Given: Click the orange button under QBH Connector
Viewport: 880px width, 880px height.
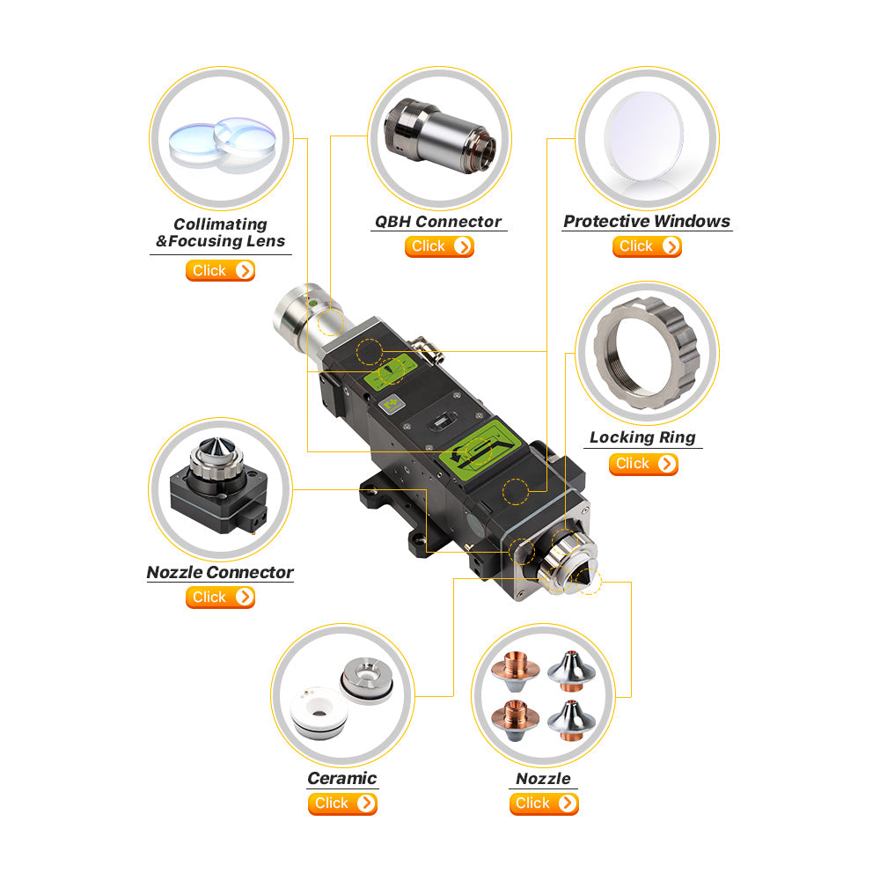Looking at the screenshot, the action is pos(439,246).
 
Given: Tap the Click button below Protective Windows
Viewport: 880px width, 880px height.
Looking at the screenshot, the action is pos(647,246).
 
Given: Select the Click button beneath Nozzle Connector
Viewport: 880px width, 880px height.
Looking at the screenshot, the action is pos(221,598).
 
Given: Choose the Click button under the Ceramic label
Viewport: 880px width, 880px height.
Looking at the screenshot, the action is pos(343,803).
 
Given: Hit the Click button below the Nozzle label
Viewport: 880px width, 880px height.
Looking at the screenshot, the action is pos(544,803).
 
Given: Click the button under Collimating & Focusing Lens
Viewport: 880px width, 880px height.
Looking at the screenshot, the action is pos(221,270).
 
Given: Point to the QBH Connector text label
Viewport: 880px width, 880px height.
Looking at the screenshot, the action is pos(438,222).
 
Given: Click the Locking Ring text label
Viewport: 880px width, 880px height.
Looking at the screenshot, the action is pos(643,437).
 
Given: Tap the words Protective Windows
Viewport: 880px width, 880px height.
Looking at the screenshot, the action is pos(647,221).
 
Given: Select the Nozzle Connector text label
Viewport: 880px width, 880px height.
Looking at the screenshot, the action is pos(220,573).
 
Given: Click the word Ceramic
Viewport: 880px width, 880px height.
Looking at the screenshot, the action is pos(342,779).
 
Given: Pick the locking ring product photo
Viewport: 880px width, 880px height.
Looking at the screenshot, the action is pos(647,353).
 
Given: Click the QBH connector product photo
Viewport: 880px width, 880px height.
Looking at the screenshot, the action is pos(440,136).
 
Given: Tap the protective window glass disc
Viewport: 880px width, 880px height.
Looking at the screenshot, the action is pos(644,136).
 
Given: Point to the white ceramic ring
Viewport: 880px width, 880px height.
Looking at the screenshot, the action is pos(319,713).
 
